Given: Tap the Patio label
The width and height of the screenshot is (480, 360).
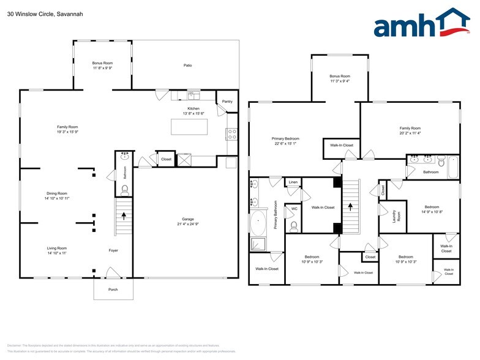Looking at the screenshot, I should [188, 65].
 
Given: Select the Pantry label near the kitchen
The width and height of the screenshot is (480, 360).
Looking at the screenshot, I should [227, 101].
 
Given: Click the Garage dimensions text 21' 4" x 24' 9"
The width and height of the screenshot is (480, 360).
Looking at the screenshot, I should [188, 224].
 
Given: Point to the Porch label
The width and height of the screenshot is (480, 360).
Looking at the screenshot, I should [113, 289].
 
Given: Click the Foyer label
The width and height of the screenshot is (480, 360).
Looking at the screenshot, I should [113, 250].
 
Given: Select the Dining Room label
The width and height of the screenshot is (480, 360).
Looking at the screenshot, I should [56, 193].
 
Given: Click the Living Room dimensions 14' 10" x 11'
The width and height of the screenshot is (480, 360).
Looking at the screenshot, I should [56, 253].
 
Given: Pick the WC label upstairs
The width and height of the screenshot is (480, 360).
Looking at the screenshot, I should [294, 209].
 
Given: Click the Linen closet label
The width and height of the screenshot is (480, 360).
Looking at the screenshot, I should [293, 182].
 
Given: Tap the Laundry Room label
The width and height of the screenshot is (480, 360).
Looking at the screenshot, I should [396, 216].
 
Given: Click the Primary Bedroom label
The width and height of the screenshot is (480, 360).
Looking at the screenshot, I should [285, 139].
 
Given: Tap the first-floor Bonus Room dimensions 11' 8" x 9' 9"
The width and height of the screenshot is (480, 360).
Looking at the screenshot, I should [102, 68].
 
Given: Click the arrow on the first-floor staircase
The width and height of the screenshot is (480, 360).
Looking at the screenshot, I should [125, 216].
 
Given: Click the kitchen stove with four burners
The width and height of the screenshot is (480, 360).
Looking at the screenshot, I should [232, 133].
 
